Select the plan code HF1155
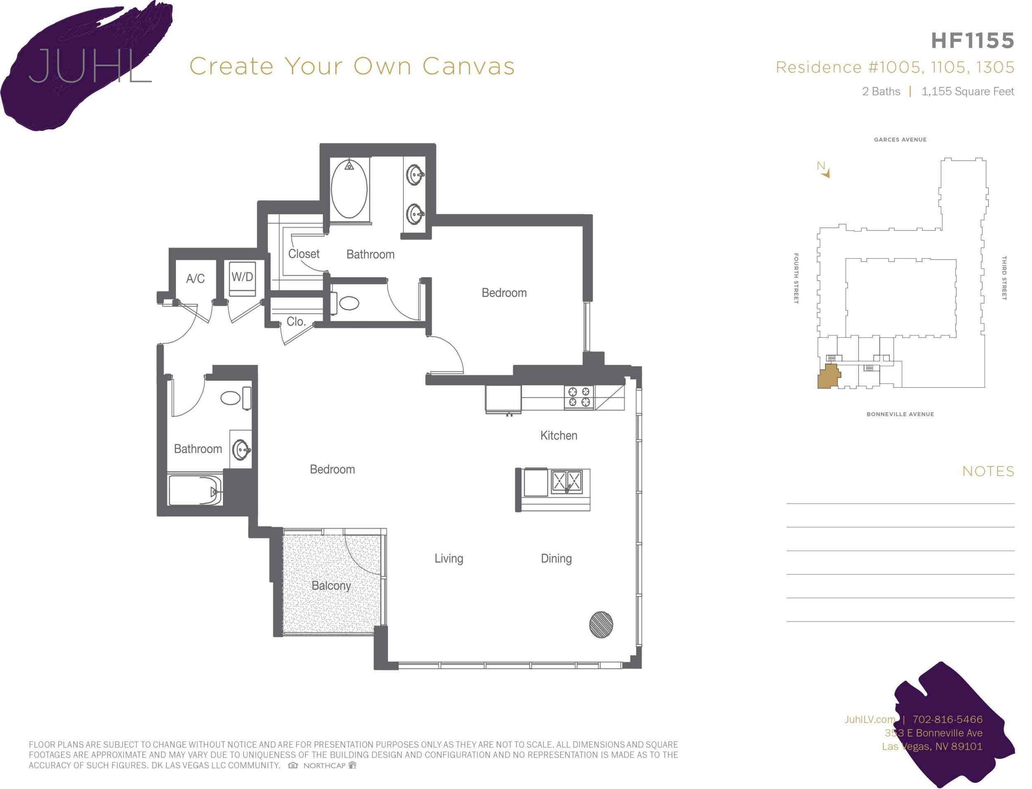[972, 41]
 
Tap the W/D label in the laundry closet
[242, 277]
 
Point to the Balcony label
[331, 586]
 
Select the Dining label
[556, 558]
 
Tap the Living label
[448, 558]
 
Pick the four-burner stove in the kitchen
[579, 397]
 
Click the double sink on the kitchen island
[566, 481]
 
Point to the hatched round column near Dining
[601, 624]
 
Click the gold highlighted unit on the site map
[828, 377]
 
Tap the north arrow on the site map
[824, 170]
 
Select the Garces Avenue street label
[900, 139]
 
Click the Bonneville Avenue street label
[900, 414]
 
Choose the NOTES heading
[988, 471]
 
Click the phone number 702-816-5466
[947, 719]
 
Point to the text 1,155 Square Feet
[968, 92]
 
